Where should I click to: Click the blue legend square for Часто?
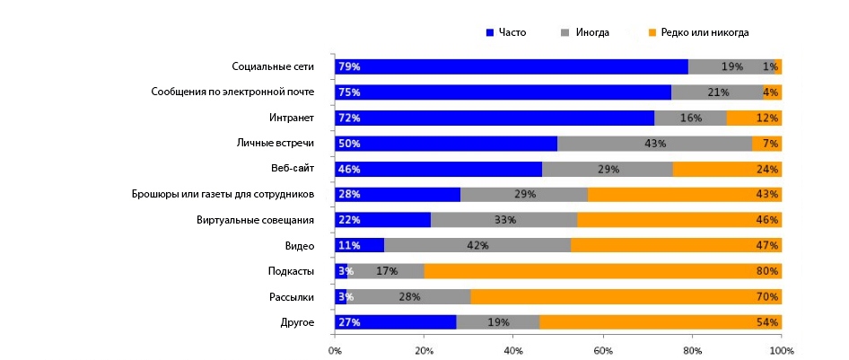click(x=490, y=33)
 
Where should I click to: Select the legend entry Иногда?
click(x=592, y=33)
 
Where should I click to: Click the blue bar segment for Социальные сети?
click(x=512, y=66)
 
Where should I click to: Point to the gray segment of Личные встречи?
click(x=654, y=144)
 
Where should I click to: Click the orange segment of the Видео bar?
click(x=676, y=245)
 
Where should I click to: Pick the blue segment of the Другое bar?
click(x=395, y=322)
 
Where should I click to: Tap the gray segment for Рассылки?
click(x=408, y=297)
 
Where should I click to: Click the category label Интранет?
click(x=292, y=118)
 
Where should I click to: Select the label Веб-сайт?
click(x=292, y=169)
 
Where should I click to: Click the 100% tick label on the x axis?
click(x=781, y=349)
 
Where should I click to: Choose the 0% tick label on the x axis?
click(x=335, y=349)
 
